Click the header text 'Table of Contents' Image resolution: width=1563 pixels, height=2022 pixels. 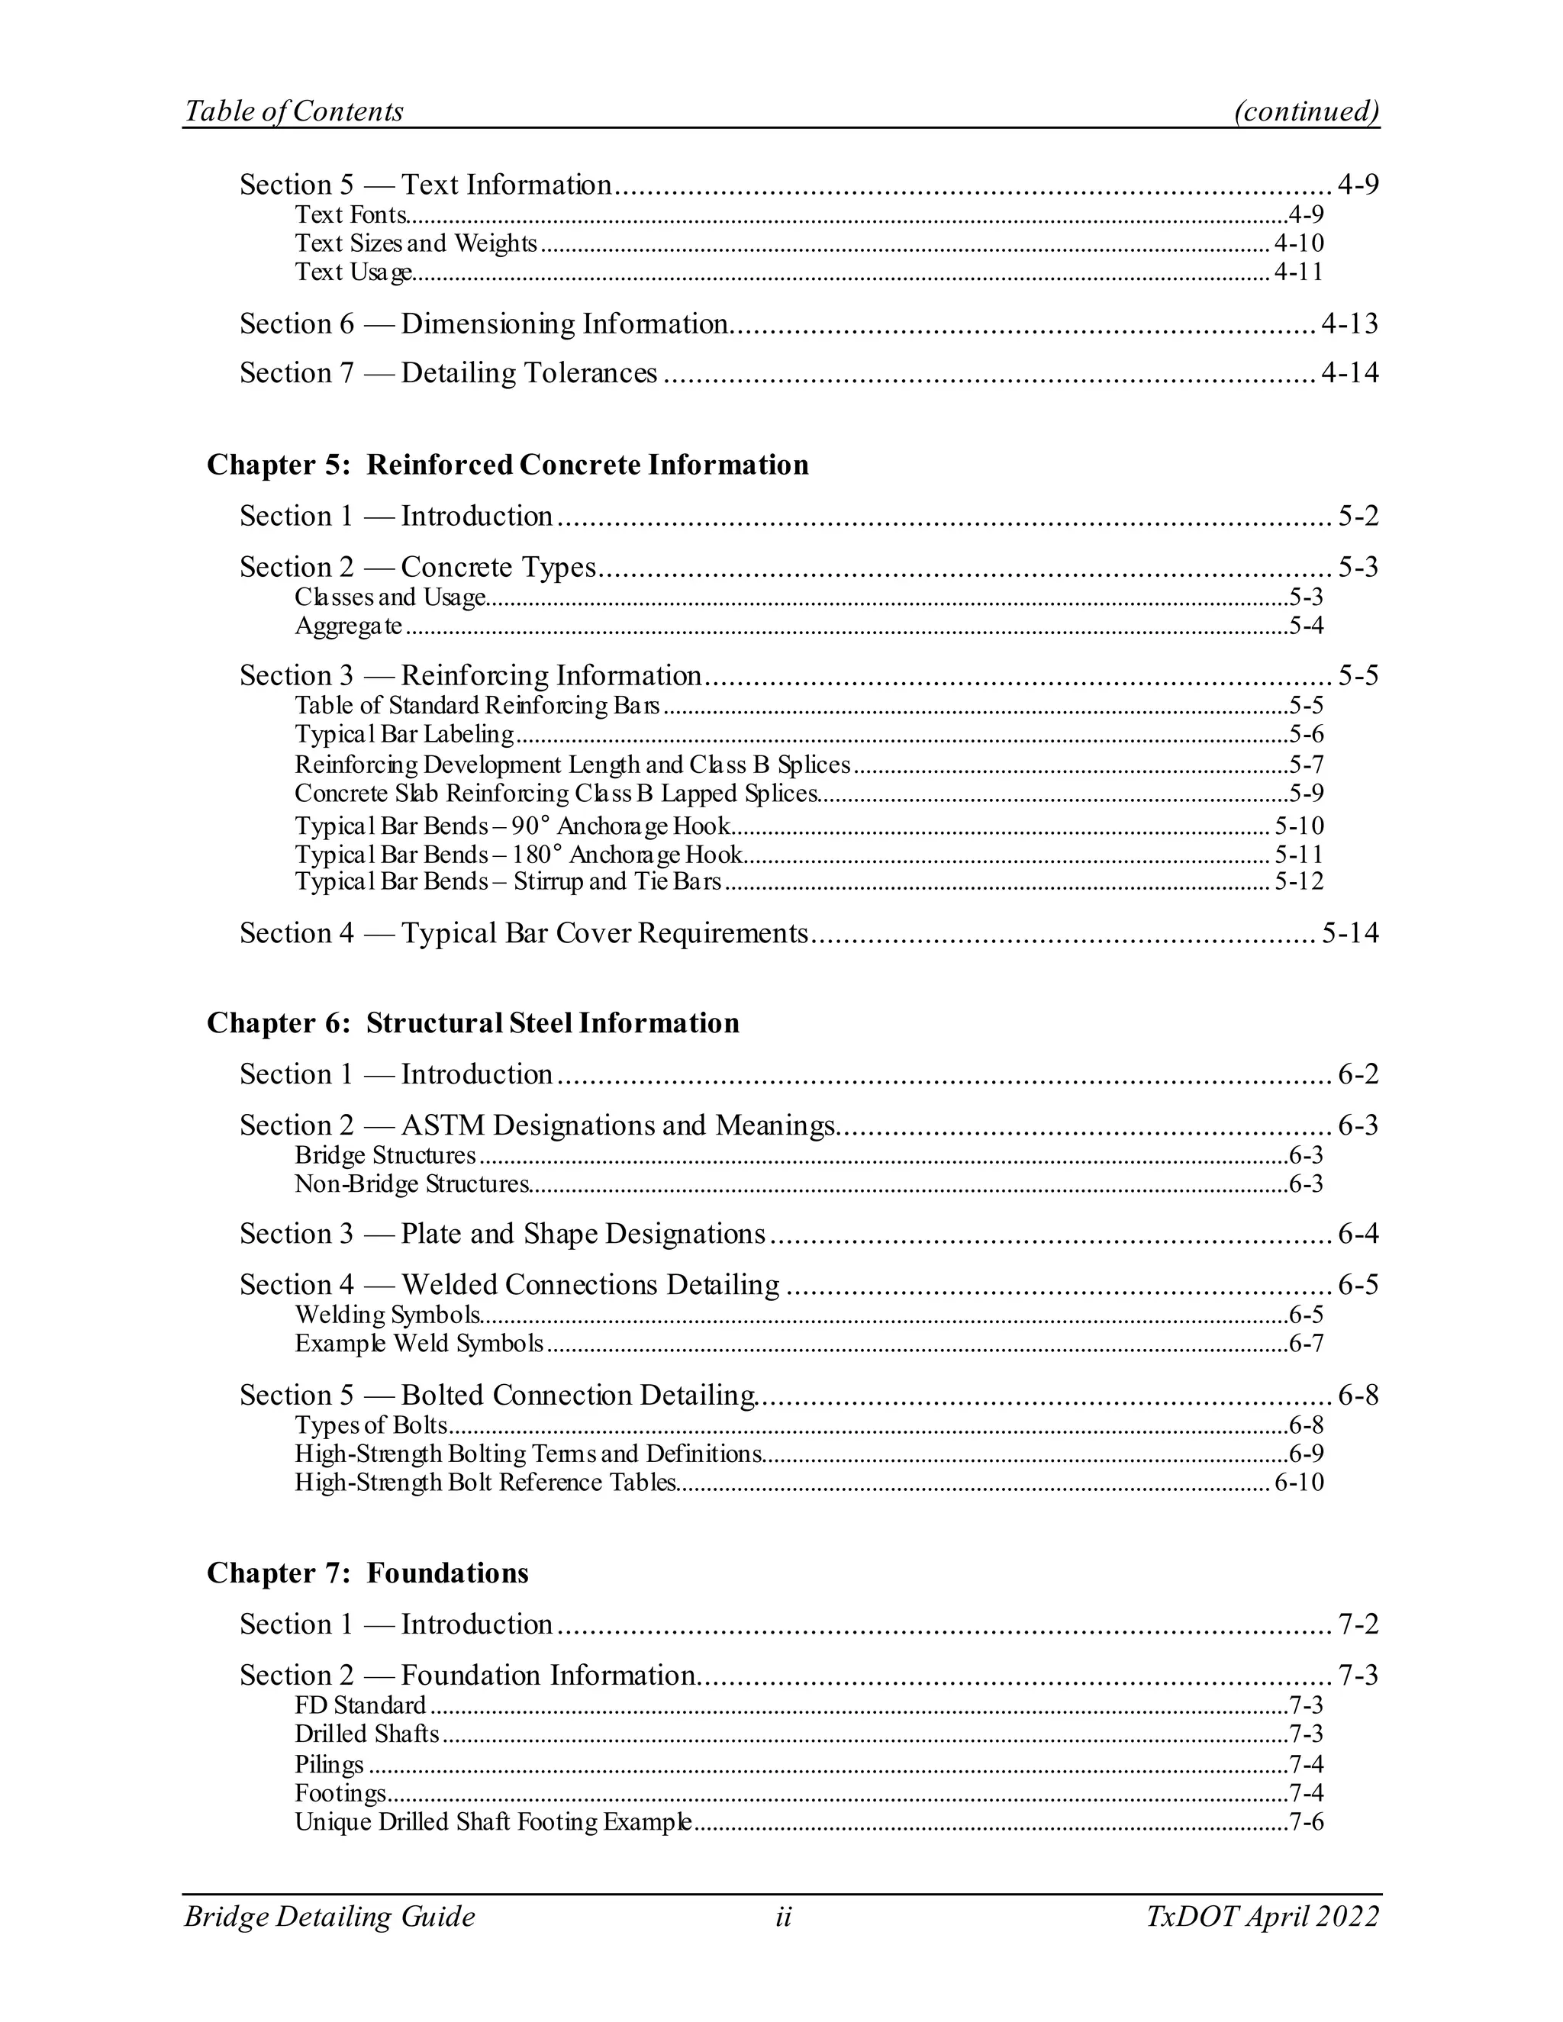click(x=294, y=111)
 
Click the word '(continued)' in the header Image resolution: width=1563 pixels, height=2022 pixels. click(x=1307, y=111)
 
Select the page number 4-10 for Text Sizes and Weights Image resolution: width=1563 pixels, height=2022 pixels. click(x=1298, y=243)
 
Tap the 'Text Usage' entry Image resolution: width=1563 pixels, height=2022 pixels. click(x=353, y=272)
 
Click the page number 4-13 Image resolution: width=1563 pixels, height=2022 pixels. click(x=1349, y=324)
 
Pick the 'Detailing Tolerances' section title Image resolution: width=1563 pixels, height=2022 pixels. click(x=529, y=373)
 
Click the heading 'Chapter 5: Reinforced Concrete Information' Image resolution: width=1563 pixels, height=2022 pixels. click(x=508, y=465)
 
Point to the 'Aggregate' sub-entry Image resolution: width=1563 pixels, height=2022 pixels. click(x=348, y=626)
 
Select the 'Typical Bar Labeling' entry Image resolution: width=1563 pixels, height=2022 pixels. click(x=404, y=734)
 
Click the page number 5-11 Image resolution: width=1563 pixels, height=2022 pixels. click(x=1298, y=854)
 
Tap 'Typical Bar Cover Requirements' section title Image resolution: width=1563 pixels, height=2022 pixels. click(x=604, y=933)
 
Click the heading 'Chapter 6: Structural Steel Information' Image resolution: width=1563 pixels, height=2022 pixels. click(x=473, y=1023)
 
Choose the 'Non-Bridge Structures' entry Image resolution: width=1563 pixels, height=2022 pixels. click(x=411, y=1184)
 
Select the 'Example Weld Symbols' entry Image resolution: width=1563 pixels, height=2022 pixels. click(x=418, y=1344)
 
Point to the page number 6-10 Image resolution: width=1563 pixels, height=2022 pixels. click(x=1298, y=1483)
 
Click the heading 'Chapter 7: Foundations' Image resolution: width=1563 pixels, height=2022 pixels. click(x=368, y=1573)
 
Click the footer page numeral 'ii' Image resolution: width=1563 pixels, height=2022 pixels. click(x=783, y=1917)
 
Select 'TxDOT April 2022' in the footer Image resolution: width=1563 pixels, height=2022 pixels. click(x=1262, y=1917)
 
